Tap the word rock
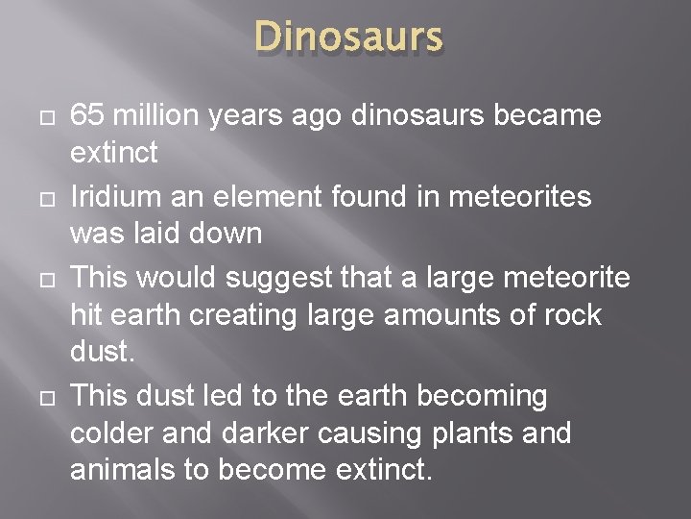[x=569, y=315]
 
